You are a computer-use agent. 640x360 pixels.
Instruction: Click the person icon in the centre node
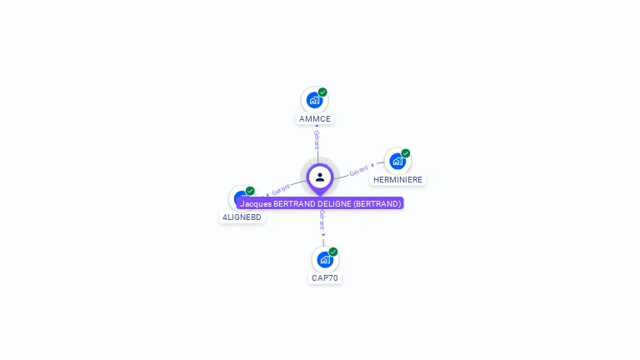click(320, 177)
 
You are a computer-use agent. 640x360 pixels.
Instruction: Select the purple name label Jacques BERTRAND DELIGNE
click(320, 203)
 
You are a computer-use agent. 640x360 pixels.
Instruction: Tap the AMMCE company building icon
click(314, 100)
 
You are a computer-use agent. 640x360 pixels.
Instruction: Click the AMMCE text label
click(315, 119)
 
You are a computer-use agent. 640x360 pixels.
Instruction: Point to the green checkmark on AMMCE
click(322, 92)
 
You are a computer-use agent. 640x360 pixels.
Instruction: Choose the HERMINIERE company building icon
click(397, 161)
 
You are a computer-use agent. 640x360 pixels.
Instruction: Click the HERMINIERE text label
click(397, 179)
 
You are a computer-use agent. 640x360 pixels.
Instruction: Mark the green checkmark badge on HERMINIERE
click(406, 153)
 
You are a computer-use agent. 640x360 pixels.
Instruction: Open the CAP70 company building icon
click(325, 259)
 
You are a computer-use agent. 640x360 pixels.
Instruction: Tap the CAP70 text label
click(325, 277)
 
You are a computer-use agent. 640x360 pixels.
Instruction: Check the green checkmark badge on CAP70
click(333, 252)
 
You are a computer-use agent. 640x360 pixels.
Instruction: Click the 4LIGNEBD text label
click(242, 217)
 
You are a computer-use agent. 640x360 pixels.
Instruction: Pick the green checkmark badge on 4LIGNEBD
click(250, 191)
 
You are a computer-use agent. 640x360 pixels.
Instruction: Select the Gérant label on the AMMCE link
click(317, 139)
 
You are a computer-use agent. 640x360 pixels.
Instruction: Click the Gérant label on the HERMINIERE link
click(358, 170)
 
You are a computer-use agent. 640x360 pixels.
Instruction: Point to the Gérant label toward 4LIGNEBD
click(281, 190)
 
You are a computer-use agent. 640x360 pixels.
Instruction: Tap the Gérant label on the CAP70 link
click(322, 219)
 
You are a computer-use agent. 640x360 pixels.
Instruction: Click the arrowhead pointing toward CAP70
click(323, 235)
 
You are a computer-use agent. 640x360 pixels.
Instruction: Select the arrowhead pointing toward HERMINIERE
click(372, 166)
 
